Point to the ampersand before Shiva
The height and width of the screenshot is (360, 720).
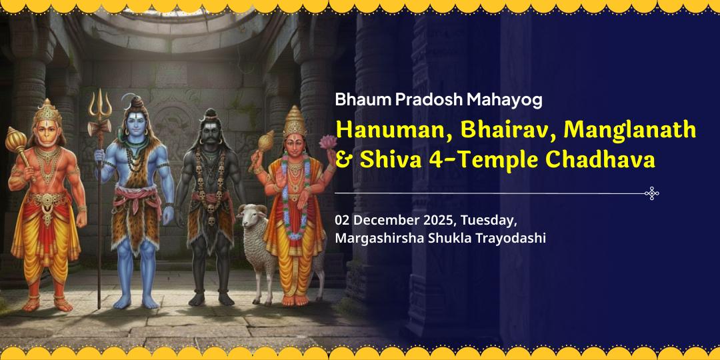coord(343,161)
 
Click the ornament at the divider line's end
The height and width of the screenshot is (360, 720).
coord(652,193)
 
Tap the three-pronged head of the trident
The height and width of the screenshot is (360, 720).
coord(101,104)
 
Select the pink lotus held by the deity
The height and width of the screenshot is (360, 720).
coord(327,142)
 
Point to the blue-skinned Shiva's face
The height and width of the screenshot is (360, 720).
coord(137,124)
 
